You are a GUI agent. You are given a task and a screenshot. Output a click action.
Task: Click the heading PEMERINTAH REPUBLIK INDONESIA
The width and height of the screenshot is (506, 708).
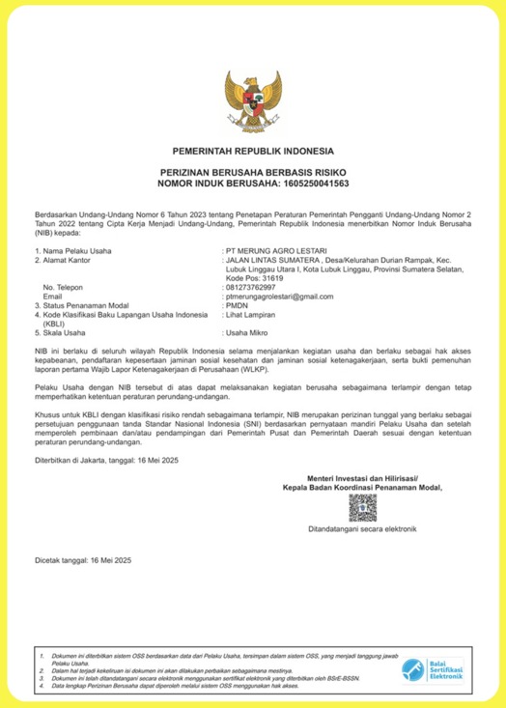pyautogui.click(x=253, y=152)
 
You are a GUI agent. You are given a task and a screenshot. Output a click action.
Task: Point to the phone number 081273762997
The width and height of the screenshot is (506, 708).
pyautogui.click(x=250, y=287)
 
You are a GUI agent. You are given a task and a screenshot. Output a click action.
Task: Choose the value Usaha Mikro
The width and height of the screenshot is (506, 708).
pyautogui.click(x=249, y=332)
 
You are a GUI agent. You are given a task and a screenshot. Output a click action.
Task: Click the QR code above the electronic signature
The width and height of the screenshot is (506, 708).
pyautogui.click(x=361, y=508)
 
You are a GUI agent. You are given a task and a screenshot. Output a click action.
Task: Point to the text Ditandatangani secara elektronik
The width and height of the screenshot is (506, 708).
pyautogui.click(x=361, y=529)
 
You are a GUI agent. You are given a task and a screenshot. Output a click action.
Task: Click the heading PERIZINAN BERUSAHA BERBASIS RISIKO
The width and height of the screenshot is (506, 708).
pyautogui.click(x=253, y=171)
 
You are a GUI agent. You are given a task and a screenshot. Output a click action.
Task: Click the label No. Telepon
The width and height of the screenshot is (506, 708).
pyautogui.click(x=64, y=287)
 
